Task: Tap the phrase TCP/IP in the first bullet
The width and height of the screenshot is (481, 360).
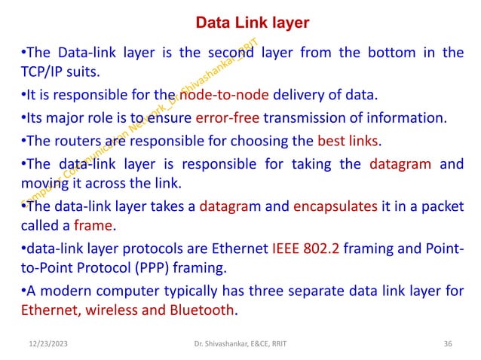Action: pos(41,72)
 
